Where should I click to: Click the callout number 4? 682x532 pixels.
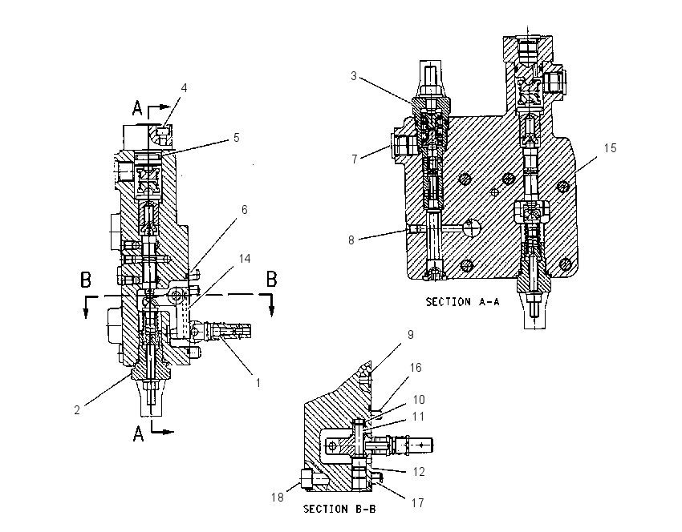[184, 87]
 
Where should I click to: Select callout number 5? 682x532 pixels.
[236, 138]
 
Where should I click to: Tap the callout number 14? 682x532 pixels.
[245, 259]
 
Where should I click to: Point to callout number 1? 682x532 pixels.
[258, 383]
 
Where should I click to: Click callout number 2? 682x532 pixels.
[77, 410]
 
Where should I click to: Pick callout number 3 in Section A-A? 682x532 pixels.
[354, 76]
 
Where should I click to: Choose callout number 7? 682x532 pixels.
[355, 159]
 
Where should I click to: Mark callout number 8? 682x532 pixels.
[351, 240]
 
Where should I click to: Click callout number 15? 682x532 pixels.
[611, 148]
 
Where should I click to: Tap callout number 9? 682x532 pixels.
[411, 334]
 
